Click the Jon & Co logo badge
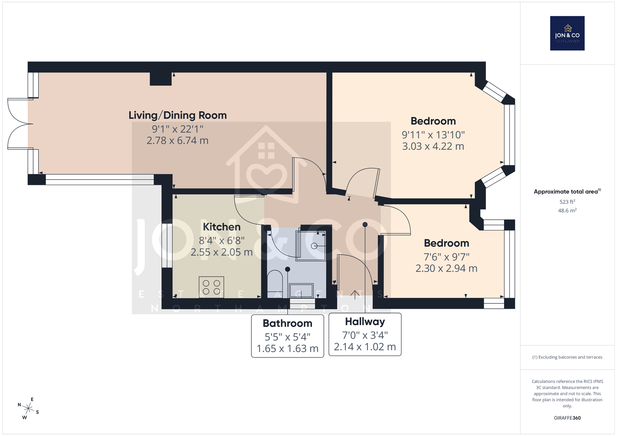567,33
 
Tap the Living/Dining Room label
178,115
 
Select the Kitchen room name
222,227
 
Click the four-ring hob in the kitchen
211,287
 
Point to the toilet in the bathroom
275,284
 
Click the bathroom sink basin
301,291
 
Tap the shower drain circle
314,246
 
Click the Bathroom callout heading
288,323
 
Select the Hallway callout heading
365,322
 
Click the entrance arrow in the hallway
355,295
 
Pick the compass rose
29,408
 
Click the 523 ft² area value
567,201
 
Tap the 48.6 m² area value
567,210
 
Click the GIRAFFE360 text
567,418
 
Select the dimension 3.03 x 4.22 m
433,146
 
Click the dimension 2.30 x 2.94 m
446,268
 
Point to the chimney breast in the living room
160,79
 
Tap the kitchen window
167,246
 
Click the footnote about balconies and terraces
567,357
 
